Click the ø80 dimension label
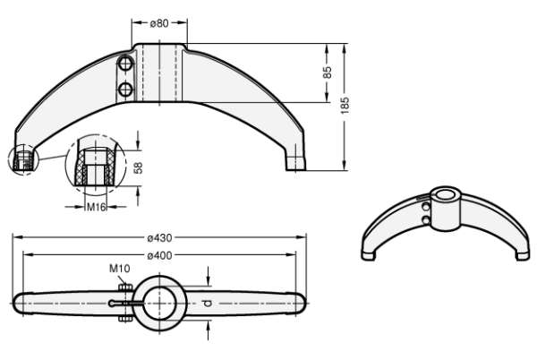click(x=159, y=23)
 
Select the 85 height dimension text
click(x=328, y=73)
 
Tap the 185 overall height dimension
click(x=345, y=105)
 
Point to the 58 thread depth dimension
click(x=138, y=167)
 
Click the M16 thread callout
click(x=96, y=207)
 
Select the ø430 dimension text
click(x=159, y=237)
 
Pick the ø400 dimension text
click(x=159, y=255)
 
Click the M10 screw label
click(x=120, y=268)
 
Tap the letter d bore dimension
click(x=208, y=304)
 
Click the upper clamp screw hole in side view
click(x=125, y=64)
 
